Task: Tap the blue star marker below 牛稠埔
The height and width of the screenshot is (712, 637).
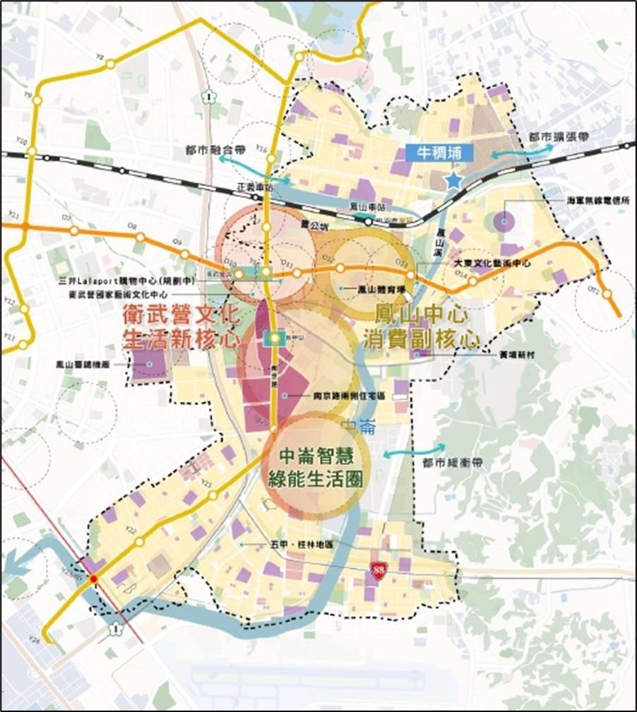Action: pyautogui.click(x=453, y=182)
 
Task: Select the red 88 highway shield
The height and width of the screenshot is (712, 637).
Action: pyautogui.click(x=379, y=571)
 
